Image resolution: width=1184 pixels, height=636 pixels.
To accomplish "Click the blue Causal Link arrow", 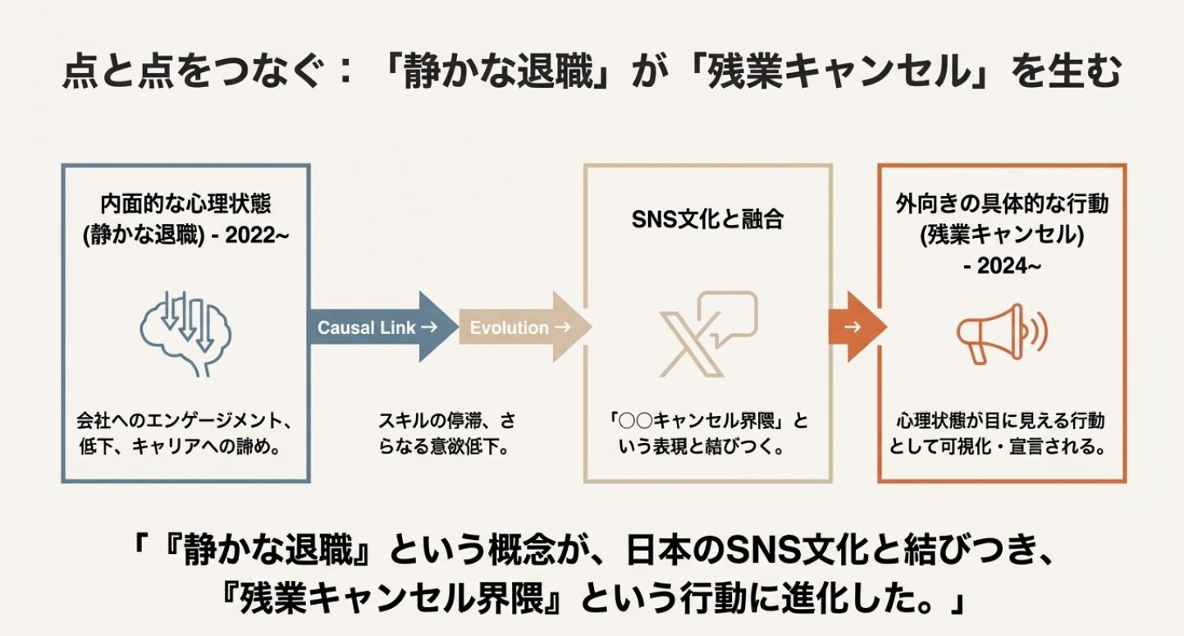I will click(382, 327).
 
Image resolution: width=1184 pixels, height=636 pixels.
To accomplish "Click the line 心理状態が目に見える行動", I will click(1001, 422).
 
